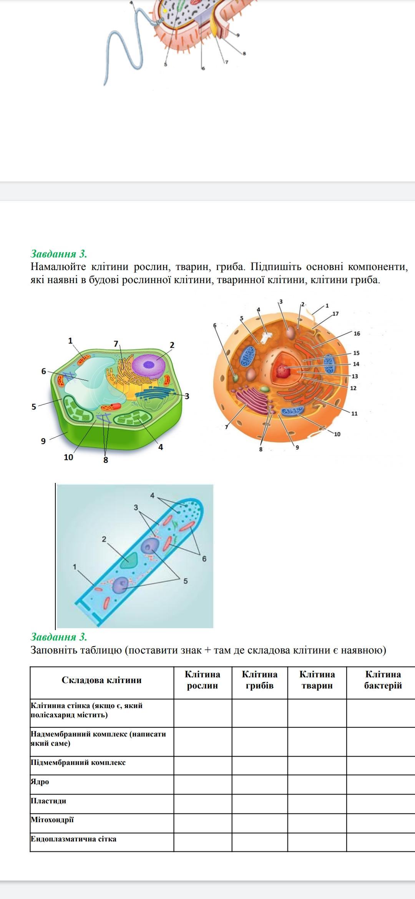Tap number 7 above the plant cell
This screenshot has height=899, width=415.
116,343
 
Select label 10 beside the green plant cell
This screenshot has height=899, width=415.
68,457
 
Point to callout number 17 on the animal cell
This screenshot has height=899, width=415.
335,313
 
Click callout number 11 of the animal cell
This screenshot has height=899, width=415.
354,413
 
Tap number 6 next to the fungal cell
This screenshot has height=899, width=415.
204,559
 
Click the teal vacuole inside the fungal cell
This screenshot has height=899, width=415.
129,560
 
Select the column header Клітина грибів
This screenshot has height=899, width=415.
260,680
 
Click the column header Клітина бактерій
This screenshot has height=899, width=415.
383,680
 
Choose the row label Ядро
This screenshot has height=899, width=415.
40,781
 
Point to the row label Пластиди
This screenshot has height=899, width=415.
48,801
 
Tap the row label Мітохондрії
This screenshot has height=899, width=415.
52,819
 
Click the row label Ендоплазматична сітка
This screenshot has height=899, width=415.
73,839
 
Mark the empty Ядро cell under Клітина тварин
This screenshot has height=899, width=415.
317,784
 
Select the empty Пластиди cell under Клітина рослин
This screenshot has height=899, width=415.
203,803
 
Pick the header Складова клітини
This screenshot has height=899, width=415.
101,680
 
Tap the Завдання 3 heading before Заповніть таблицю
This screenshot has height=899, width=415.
59,637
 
